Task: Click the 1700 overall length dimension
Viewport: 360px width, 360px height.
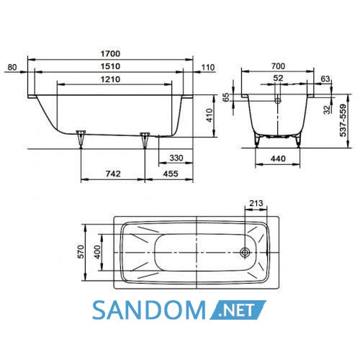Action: (110, 53)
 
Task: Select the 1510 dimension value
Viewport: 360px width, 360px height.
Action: (110, 66)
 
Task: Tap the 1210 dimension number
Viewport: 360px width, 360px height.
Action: (110, 79)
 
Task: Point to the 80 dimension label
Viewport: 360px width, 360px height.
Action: (12, 67)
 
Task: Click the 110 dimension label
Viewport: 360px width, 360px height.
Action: (208, 68)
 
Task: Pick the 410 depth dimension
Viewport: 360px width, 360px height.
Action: (210, 115)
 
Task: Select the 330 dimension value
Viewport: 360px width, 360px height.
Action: (176, 158)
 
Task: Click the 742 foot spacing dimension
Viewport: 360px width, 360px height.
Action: (113, 174)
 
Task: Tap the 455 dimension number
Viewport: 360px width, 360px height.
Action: (171, 174)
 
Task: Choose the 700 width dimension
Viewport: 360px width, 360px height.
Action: (278, 66)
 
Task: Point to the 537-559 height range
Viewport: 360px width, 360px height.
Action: (343, 120)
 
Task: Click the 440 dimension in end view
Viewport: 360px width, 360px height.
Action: (278, 158)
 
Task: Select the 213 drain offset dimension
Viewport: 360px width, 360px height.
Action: (256, 203)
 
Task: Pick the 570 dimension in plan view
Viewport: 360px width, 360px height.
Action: (81, 252)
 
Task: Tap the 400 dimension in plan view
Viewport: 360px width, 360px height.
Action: (97, 252)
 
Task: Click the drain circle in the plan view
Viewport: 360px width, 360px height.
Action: (245, 252)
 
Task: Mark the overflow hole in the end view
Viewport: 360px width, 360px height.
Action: (278, 101)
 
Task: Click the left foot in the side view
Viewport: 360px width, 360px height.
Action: (81, 139)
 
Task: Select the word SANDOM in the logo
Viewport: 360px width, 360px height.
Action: (149, 310)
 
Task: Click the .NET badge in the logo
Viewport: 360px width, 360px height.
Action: (238, 310)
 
